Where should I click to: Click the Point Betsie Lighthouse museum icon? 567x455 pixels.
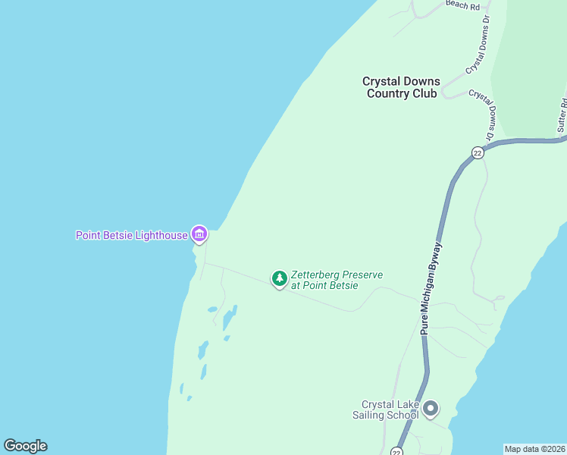click(199, 234)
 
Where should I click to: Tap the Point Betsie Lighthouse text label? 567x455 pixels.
click(131, 235)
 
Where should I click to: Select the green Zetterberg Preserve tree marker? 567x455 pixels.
click(280, 279)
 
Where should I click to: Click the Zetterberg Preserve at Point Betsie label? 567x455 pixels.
click(337, 280)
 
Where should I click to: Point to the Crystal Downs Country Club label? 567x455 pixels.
click(401, 87)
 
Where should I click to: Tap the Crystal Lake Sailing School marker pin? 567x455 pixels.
click(431, 409)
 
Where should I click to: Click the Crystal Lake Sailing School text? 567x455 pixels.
click(390, 409)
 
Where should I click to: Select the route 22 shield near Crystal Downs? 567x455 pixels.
click(477, 152)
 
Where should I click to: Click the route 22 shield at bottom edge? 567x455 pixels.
click(396, 451)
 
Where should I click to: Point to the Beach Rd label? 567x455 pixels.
click(463, 5)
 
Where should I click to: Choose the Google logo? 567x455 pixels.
click(25, 446)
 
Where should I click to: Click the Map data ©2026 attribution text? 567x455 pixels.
click(534, 449)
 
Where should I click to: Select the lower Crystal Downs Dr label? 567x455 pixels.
click(482, 114)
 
